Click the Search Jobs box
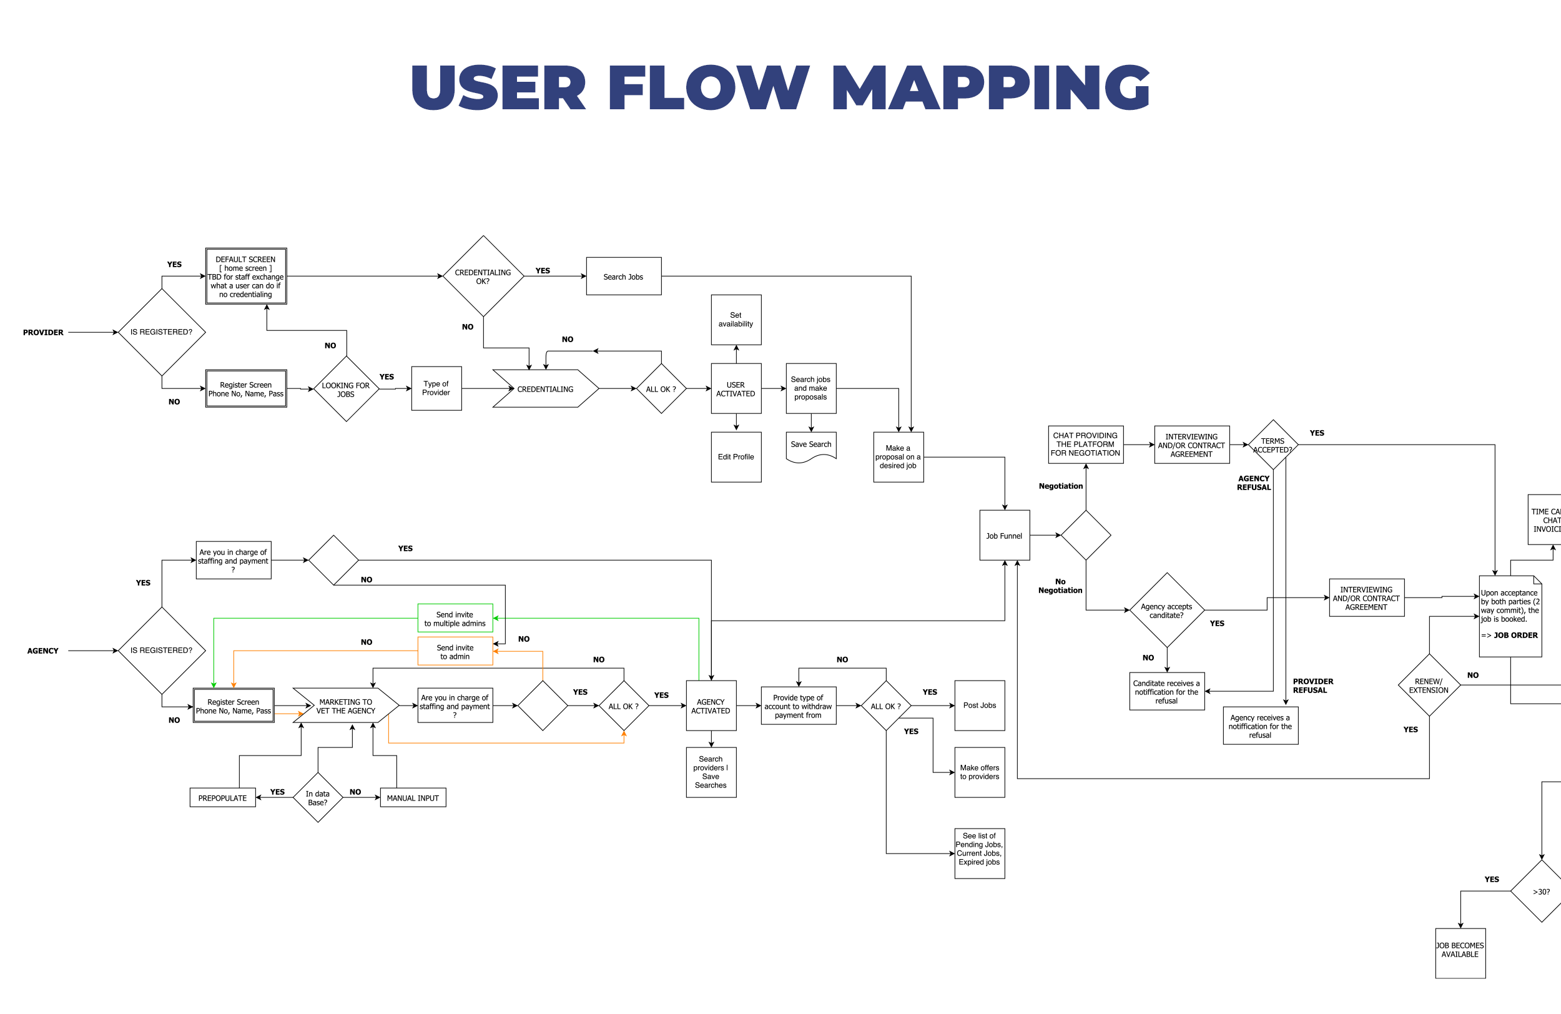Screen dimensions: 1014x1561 pos(623,276)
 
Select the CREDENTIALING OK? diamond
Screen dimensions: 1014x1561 pos(483,276)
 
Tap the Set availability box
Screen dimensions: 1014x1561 pos(736,320)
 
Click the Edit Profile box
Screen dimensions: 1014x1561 pos(736,456)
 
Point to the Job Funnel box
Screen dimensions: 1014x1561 pos(1004,535)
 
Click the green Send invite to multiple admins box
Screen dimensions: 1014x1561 pos(455,618)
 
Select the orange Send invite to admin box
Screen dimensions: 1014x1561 pos(455,651)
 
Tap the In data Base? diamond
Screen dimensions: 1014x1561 pos(317,797)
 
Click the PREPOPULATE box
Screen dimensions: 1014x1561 pos(222,797)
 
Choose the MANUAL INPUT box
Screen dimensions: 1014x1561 pos(413,797)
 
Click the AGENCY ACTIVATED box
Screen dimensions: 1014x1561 pos(711,706)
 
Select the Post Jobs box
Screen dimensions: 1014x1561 pos(979,705)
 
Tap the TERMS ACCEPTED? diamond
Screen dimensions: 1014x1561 pos(1273,445)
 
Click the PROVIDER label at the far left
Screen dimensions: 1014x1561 pos(43,332)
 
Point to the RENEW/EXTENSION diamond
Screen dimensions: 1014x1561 pos(1429,686)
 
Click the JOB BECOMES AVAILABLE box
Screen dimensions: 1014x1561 pos(1460,952)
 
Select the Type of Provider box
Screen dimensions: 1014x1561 pos(436,388)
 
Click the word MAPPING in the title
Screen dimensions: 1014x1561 pos(990,87)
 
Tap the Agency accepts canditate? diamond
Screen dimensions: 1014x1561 pos(1166,610)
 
